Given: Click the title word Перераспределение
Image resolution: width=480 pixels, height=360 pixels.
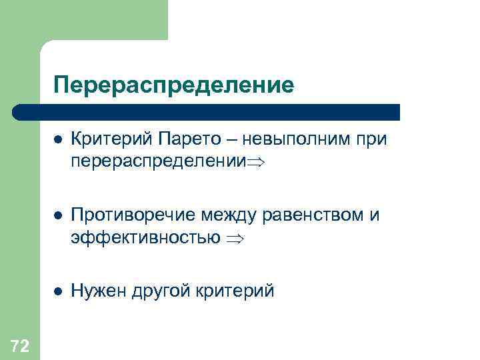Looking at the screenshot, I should point(174,85).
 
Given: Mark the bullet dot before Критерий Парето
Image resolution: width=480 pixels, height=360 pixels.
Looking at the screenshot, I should point(58,141).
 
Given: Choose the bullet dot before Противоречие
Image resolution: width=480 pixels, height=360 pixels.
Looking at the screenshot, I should point(58,216).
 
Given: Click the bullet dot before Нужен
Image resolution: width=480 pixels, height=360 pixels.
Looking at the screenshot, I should point(58,291).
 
